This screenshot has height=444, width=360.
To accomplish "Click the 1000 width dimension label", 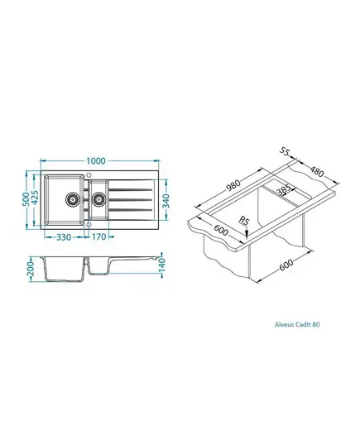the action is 96,161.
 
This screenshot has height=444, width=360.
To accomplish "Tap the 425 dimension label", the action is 35,197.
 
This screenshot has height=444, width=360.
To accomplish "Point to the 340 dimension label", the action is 166,201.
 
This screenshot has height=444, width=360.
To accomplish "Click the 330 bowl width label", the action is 64,237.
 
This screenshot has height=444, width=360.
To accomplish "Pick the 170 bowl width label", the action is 98,236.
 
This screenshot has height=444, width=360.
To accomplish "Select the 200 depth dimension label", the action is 31,269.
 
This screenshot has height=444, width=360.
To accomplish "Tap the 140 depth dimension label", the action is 161,265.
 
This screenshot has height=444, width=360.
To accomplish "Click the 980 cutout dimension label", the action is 233,185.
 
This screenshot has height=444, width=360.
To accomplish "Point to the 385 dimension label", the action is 284,189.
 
